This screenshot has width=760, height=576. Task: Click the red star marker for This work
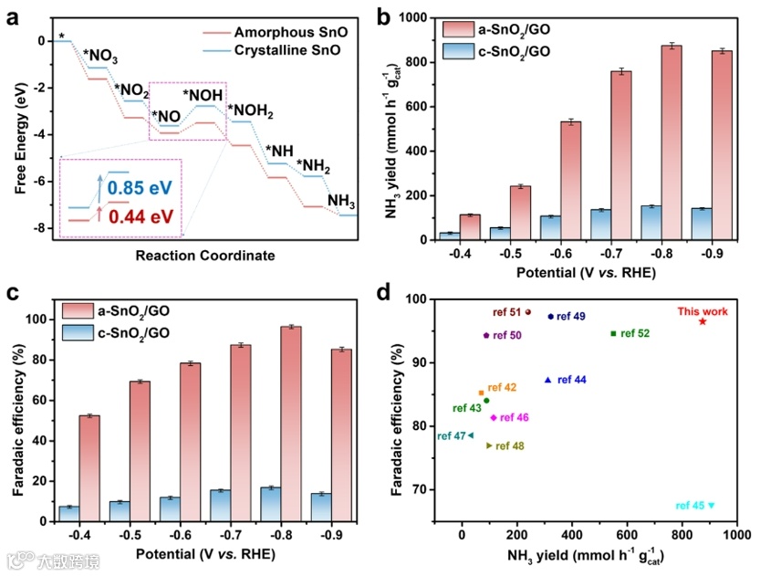coord(703,321)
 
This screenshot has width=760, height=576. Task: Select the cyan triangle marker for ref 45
coord(712,506)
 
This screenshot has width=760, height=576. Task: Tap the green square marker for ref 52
coord(613,333)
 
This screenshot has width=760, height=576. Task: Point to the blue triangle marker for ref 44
coord(547,380)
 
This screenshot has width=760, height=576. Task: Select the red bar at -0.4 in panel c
coord(89,467)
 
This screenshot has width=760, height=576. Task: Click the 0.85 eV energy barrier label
coord(140,188)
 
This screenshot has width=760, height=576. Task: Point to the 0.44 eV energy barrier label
coord(140,217)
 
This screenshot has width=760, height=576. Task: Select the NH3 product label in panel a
coord(342,201)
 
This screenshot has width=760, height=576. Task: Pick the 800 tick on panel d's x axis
coord(682,533)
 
